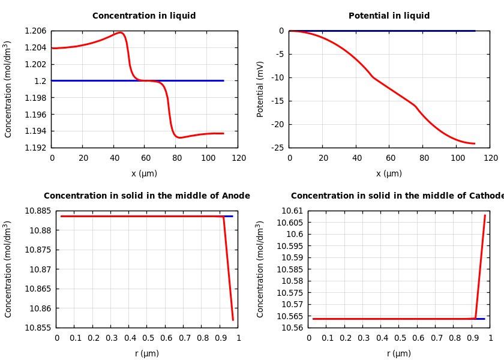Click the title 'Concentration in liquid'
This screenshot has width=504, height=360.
tap(144, 16)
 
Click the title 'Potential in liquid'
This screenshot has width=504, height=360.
tap(389, 16)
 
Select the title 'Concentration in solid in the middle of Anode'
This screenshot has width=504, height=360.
tap(147, 196)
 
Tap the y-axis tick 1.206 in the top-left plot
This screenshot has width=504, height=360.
tap(36, 31)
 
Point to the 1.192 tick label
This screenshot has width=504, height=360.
tap(36, 148)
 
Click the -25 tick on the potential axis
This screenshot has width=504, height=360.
tap(277, 148)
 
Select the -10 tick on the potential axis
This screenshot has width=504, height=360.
tap(277, 77)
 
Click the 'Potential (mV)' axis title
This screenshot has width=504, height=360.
tap(260, 89)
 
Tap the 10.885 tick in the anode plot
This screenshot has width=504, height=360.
tap(37, 211)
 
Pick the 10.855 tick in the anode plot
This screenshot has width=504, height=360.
tap(37, 328)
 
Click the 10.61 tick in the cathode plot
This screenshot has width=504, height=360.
tap(295, 211)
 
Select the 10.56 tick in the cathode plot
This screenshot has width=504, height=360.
tap(295, 328)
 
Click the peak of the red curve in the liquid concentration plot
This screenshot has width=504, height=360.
tap(121, 32)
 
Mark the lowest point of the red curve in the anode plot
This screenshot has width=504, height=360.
tap(233, 320)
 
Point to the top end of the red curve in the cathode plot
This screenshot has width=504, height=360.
tap(485, 215)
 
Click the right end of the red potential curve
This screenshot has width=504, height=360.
tap(475, 143)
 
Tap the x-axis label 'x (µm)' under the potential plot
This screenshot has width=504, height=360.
tap(389, 174)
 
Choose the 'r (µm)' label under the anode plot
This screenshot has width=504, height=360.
tap(147, 354)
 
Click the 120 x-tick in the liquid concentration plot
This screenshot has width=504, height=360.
tap(239, 158)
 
